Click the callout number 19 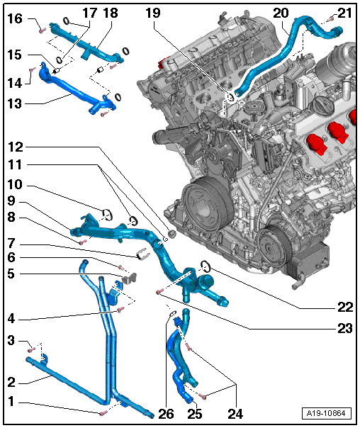point(152,13)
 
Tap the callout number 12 point(16,147)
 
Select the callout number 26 point(167,414)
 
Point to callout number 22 point(345,308)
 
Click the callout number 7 point(11,242)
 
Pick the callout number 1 point(11,401)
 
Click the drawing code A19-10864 point(326,413)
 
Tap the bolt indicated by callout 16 point(42,31)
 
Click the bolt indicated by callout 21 point(331,18)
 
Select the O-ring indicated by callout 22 point(206,266)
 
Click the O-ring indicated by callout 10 point(107,215)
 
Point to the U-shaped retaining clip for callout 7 point(142,254)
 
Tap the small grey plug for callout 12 point(172,234)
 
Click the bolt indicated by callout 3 point(31,349)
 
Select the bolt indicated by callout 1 point(103,414)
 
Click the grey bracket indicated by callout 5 point(130,278)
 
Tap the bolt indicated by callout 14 point(33,69)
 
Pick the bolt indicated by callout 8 point(83,242)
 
